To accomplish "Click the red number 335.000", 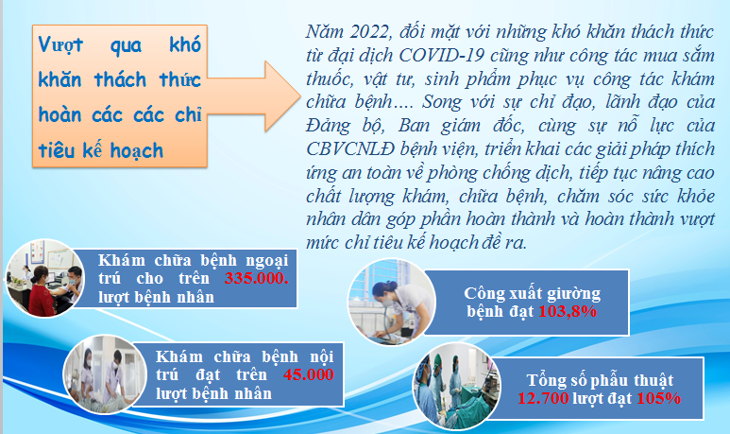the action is point(257,278).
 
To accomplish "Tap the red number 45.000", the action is point(309,374).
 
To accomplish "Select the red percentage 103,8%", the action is point(568,311).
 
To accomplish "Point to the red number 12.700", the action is point(543,398).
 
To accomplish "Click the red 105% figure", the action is point(659,398).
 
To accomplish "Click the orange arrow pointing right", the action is point(254,96).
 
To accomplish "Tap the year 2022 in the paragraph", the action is point(369,32).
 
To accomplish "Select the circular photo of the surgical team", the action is point(457,386).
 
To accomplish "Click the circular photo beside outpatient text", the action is point(45,278).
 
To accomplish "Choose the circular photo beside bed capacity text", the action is point(392,303).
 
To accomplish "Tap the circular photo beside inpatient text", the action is point(105,374).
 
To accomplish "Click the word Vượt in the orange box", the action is point(60,44).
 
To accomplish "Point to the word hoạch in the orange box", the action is point(137,150).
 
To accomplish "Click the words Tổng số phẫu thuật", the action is point(600,380).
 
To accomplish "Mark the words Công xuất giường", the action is point(532,294).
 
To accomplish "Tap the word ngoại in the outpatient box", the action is point(266,261).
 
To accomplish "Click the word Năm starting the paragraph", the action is point(325,32).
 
